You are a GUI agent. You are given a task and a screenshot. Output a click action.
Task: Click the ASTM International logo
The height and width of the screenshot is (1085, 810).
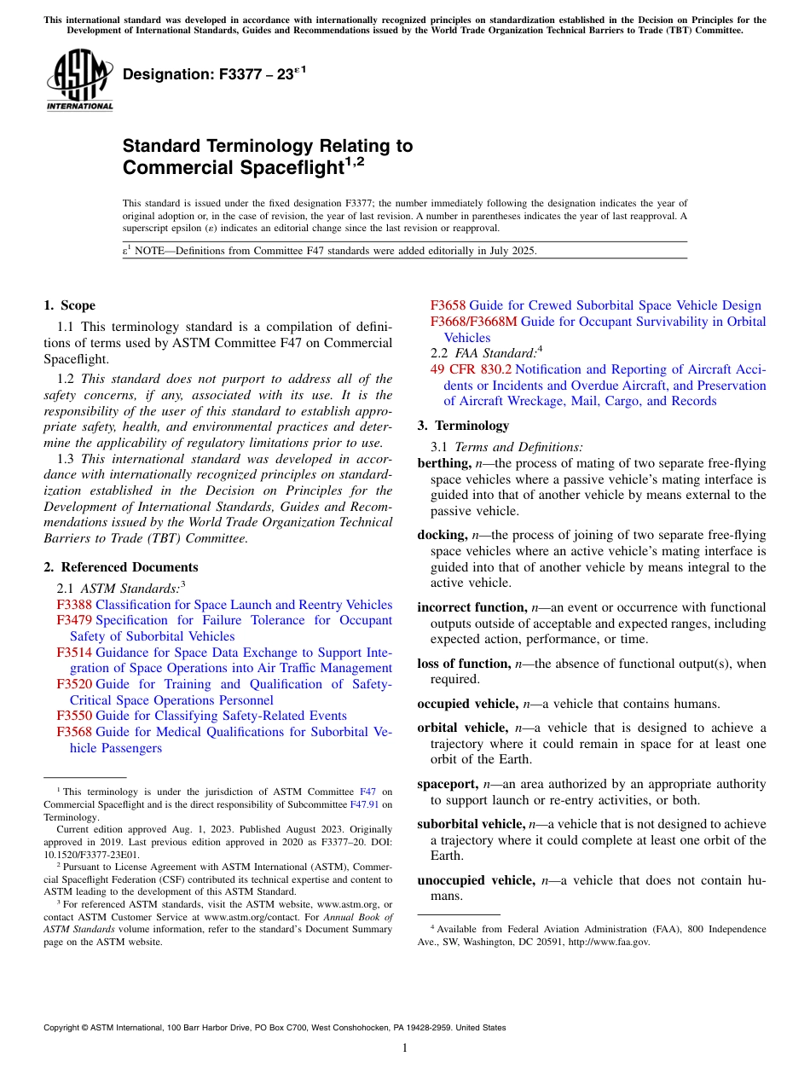coord(79,80)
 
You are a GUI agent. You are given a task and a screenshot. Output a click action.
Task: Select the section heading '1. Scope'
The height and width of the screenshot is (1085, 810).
coord(69,305)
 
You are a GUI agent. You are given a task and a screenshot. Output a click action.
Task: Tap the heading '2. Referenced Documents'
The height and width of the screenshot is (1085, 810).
coord(120,567)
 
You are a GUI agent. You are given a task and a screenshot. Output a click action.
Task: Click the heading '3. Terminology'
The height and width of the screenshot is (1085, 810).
coord(463,426)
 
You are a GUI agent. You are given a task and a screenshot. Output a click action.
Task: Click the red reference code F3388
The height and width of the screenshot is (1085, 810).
coord(74,605)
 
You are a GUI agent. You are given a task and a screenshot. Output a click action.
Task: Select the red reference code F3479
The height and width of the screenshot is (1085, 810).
coord(74,620)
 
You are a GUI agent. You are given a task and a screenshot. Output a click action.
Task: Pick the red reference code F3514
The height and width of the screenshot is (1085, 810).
coord(74,653)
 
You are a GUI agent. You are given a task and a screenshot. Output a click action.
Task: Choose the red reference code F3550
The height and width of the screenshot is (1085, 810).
coord(74,716)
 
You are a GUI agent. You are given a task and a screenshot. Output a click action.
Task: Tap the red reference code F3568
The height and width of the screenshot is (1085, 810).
coord(74,732)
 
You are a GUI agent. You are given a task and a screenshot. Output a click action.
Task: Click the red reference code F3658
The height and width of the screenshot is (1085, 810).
coord(448,305)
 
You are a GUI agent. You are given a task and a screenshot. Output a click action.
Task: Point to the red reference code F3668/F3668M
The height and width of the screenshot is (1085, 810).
coord(473,322)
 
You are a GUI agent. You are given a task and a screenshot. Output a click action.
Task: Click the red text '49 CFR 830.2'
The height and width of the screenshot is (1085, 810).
coord(471,369)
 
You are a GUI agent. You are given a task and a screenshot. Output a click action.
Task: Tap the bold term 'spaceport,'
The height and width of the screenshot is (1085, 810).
coord(448,784)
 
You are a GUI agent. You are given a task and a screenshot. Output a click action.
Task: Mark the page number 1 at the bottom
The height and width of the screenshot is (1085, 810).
coord(405,1048)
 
